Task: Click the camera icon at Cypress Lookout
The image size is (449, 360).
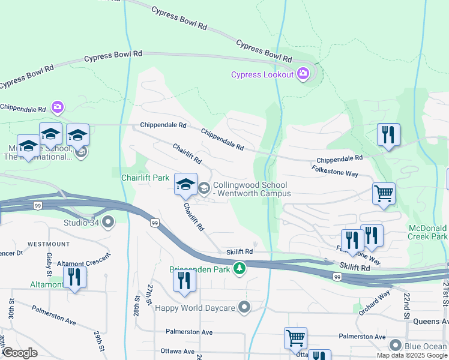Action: coord(303,74)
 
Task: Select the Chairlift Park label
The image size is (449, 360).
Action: coord(145,178)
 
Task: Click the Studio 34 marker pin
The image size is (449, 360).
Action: coord(109,223)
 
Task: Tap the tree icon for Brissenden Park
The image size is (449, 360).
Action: coord(240,268)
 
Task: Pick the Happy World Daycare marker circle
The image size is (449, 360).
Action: coord(244,308)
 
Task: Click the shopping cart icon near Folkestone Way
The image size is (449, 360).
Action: coord(384,194)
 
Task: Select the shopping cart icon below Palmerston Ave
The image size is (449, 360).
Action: coord(295,338)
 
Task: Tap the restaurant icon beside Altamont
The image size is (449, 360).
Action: coord(74,277)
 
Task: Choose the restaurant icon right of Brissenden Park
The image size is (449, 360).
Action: coord(185,281)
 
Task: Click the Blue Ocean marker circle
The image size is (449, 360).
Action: coord(395,345)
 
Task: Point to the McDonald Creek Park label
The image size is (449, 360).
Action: coord(427,233)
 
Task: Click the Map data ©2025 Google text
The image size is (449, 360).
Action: coord(412,355)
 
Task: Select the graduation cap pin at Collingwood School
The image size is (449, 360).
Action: coord(186,184)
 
